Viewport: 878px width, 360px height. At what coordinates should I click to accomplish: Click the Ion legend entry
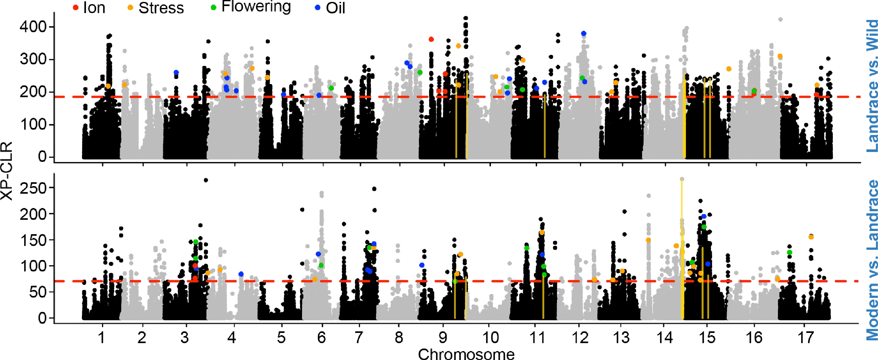pyautogui.click(x=89, y=8)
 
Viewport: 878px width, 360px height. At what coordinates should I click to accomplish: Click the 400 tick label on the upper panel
pyautogui.click(x=33, y=26)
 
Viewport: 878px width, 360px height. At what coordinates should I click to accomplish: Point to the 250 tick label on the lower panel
pyautogui.click(x=33, y=188)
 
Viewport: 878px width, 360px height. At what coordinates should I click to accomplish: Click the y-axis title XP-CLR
pyautogui.click(x=6, y=170)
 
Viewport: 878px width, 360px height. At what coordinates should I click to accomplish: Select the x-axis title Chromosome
pyautogui.click(x=466, y=354)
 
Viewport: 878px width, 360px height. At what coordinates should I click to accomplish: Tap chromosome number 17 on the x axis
pyautogui.click(x=806, y=337)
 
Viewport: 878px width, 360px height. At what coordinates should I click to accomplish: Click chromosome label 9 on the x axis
pyautogui.click(x=443, y=337)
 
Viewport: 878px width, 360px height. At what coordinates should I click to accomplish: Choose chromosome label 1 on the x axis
pyautogui.click(x=102, y=337)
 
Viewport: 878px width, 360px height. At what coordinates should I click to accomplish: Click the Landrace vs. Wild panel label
pyautogui.click(x=872, y=85)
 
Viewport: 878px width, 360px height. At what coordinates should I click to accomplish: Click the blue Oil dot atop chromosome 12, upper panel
pyautogui.click(x=584, y=33)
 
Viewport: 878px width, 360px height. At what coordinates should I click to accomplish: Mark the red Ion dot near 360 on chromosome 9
pyautogui.click(x=431, y=40)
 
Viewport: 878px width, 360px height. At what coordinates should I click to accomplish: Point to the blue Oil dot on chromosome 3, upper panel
pyautogui.click(x=176, y=73)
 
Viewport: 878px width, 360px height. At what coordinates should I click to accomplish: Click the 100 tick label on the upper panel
pyautogui.click(x=33, y=125)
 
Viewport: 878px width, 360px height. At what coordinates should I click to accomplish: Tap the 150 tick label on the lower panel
pyautogui.click(x=33, y=240)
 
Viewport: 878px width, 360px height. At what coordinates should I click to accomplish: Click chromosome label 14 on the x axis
pyautogui.click(x=665, y=337)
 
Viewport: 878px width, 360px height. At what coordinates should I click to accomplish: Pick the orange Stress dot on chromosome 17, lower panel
pyautogui.click(x=811, y=237)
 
